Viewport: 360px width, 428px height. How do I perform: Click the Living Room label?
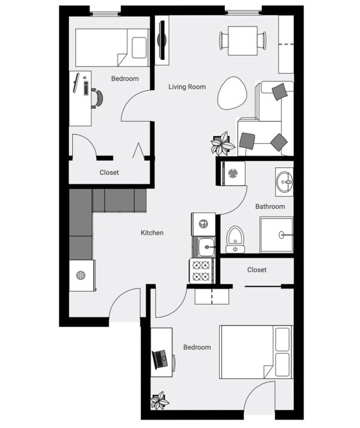(x=187, y=87)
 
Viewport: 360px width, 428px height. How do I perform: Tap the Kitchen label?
(x=152, y=233)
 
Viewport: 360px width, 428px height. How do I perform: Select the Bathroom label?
(x=270, y=207)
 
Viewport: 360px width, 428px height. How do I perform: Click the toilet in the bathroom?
(x=235, y=239)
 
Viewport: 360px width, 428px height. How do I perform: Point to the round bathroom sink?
(x=284, y=181)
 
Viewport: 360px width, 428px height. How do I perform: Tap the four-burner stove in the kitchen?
(x=201, y=271)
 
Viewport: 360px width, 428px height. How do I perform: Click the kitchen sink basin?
(x=206, y=247)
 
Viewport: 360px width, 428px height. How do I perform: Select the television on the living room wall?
(x=162, y=40)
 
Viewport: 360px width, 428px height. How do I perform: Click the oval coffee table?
(x=232, y=94)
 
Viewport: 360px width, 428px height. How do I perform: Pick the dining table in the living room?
(x=243, y=40)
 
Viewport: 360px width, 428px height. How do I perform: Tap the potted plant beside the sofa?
(x=222, y=143)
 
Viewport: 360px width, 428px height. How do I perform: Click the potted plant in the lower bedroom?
(x=160, y=401)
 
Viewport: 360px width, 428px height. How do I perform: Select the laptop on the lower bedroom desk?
(x=160, y=359)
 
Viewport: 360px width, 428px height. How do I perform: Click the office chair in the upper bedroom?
(x=97, y=98)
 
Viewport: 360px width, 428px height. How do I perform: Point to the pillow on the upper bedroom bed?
(x=140, y=48)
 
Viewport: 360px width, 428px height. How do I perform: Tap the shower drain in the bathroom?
(x=281, y=234)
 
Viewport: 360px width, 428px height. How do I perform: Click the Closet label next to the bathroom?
(x=257, y=270)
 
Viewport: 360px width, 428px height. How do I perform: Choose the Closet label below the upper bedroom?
(x=109, y=172)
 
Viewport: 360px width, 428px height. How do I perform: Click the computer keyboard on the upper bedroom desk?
(x=86, y=88)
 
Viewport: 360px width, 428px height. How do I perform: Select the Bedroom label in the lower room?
(x=197, y=347)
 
